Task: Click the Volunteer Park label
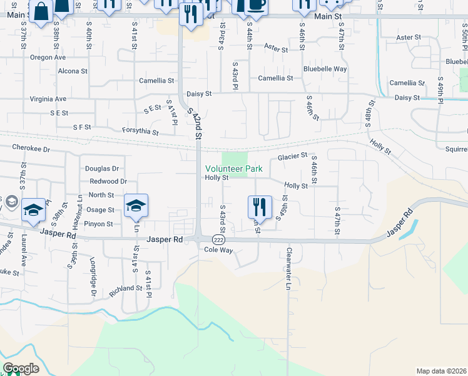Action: coord(235,169)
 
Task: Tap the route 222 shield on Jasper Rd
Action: coord(218,239)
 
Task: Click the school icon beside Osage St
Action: coord(136,204)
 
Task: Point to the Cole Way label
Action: coord(218,249)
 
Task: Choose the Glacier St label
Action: coord(293,155)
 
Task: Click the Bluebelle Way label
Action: coord(325,69)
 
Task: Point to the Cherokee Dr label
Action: coord(31,149)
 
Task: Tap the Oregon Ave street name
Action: coord(48,57)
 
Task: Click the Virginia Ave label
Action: coord(48,99)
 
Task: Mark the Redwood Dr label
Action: coord(108,181)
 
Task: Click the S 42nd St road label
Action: coord(195,123)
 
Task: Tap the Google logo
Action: coord(21,368)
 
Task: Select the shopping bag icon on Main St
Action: coord(41,12)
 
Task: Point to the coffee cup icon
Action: coord(255,4)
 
